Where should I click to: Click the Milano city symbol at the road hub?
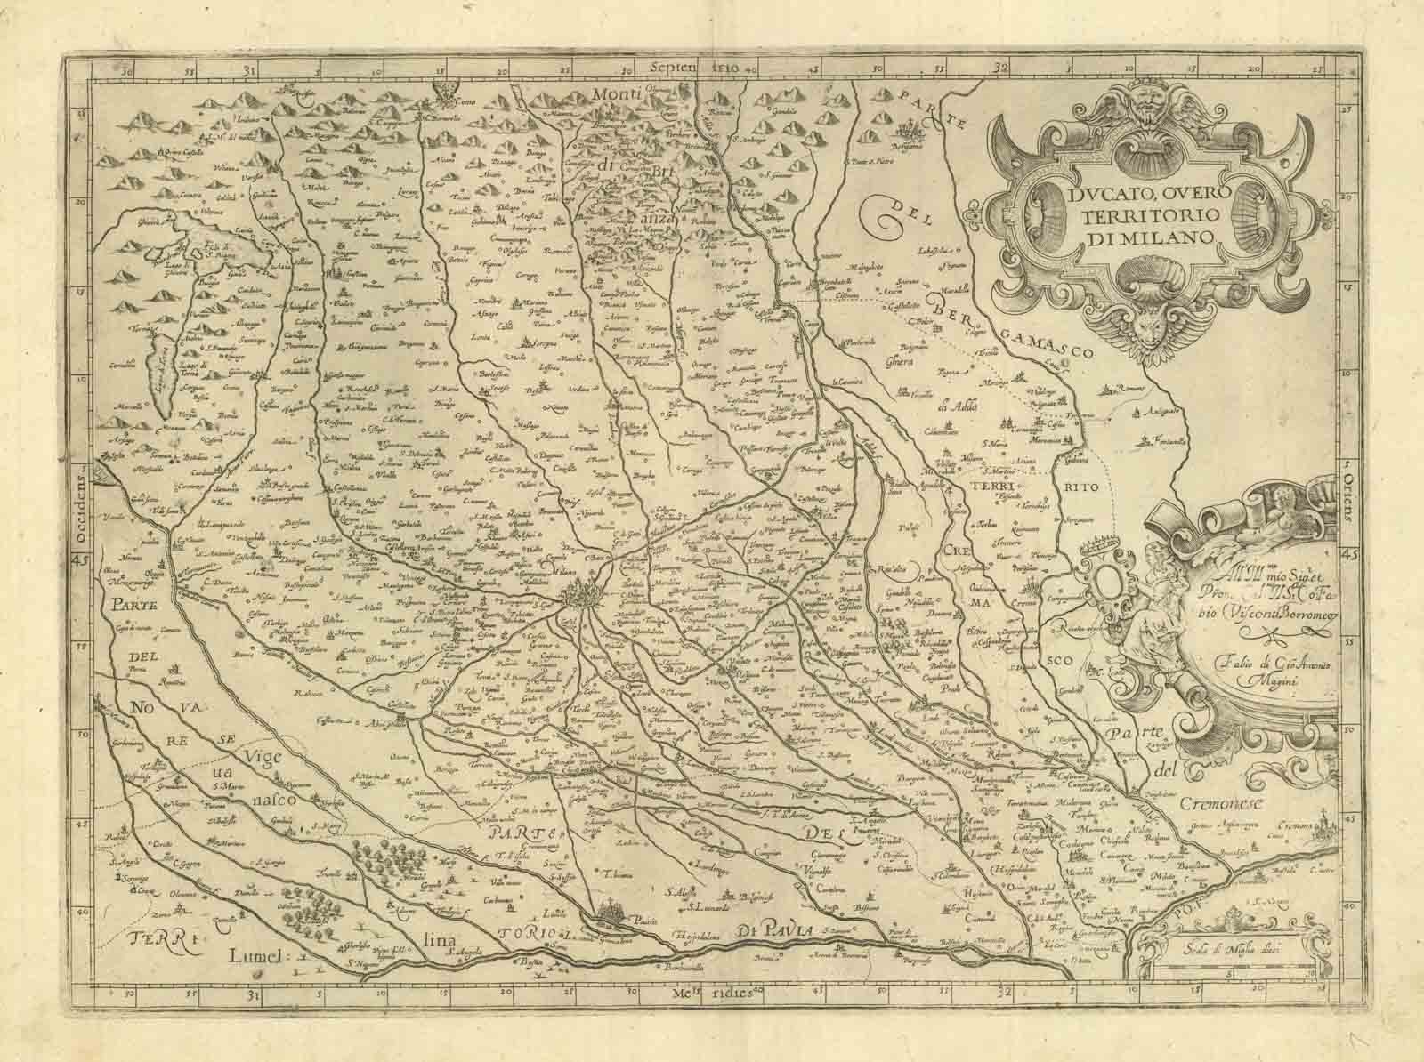point(584,593)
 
